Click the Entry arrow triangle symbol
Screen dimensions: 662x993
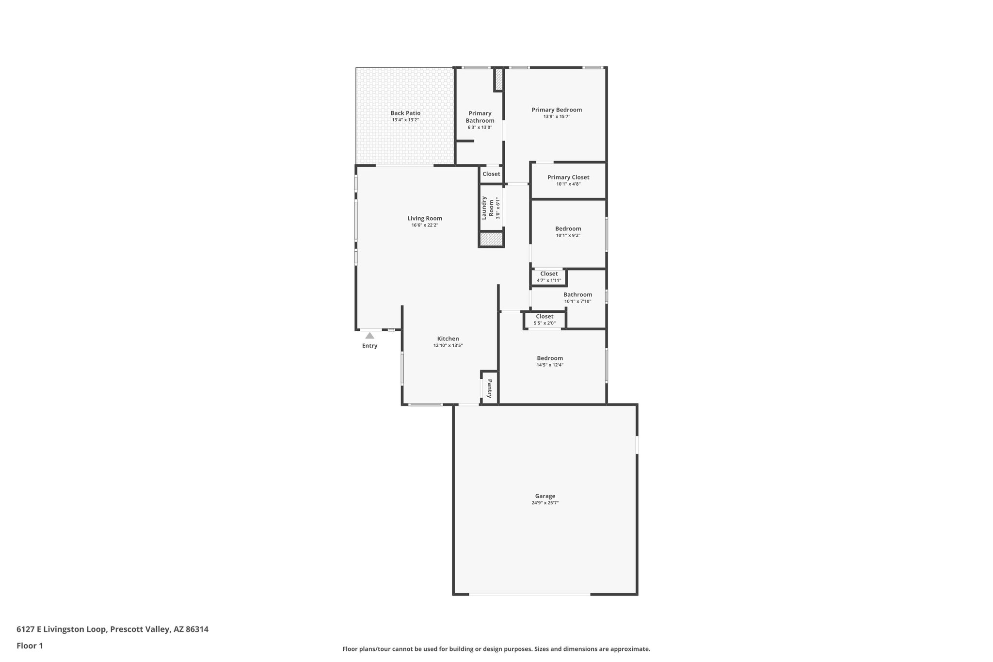tap(369, 336)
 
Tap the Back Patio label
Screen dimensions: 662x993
tap(405, 113)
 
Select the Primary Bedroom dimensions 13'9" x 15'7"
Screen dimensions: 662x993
tap(557, 116)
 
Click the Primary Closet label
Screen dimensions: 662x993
tap(568, 178)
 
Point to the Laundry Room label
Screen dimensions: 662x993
tap(487, 208)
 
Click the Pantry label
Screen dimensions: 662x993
tap(490, 388)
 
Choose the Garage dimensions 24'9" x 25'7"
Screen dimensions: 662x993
tap(545, 503)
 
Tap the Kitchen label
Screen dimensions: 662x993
tap(448, 339)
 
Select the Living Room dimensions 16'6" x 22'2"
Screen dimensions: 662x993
tap(425, 225)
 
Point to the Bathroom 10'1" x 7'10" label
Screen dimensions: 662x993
tap(577, 295)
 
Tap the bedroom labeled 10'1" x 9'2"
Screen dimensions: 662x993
tap(568, 229)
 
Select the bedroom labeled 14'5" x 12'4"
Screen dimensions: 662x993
tap(550, 358)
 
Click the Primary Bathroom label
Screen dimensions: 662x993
tap(480, 117)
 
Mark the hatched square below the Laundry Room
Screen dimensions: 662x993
tap(491, 239)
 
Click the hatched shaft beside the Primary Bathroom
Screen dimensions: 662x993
tap(499, 79)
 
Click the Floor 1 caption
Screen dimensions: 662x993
tap(30, 646)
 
